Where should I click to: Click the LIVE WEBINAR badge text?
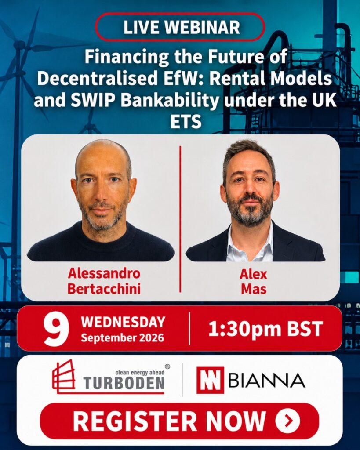(182, 27)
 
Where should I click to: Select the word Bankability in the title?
(170, 101)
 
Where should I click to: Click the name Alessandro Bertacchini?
(104, 281)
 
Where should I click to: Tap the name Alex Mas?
(254, 282)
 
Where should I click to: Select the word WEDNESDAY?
(123, 322)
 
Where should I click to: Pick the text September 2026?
(122, 337)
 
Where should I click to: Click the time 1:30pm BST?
(265, 329)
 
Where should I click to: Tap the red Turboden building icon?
(64, 376)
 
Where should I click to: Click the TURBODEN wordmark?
(124, 383)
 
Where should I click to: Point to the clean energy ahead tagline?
(140, 372)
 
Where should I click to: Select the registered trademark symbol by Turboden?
(167, 367)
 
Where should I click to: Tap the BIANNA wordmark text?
(266, 380)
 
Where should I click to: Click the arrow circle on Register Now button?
(287, 421)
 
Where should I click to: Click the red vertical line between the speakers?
(180, 219)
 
